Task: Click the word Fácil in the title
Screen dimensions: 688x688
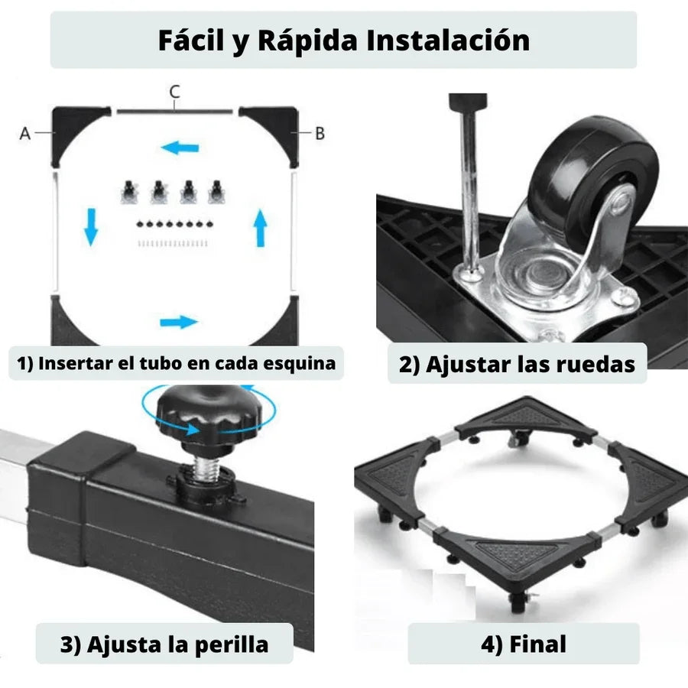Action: coord(191,41)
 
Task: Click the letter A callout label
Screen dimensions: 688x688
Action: coord(25,133)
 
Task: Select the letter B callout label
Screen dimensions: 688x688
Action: coord(320,133)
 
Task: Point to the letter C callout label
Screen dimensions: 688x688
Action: coord(174,92)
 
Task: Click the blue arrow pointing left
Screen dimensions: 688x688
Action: coord(180,148)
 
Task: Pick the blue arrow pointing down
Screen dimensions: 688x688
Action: coord(91,227)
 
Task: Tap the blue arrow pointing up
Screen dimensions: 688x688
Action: coord(261,228)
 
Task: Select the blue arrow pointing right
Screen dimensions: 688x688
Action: coord(179,323)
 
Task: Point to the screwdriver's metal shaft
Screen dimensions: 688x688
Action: coord(469,193)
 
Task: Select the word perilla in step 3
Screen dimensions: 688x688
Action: coord(231,645)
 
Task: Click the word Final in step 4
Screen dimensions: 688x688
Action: coord(537,644)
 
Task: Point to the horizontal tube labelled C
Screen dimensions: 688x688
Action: coord(174,112)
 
